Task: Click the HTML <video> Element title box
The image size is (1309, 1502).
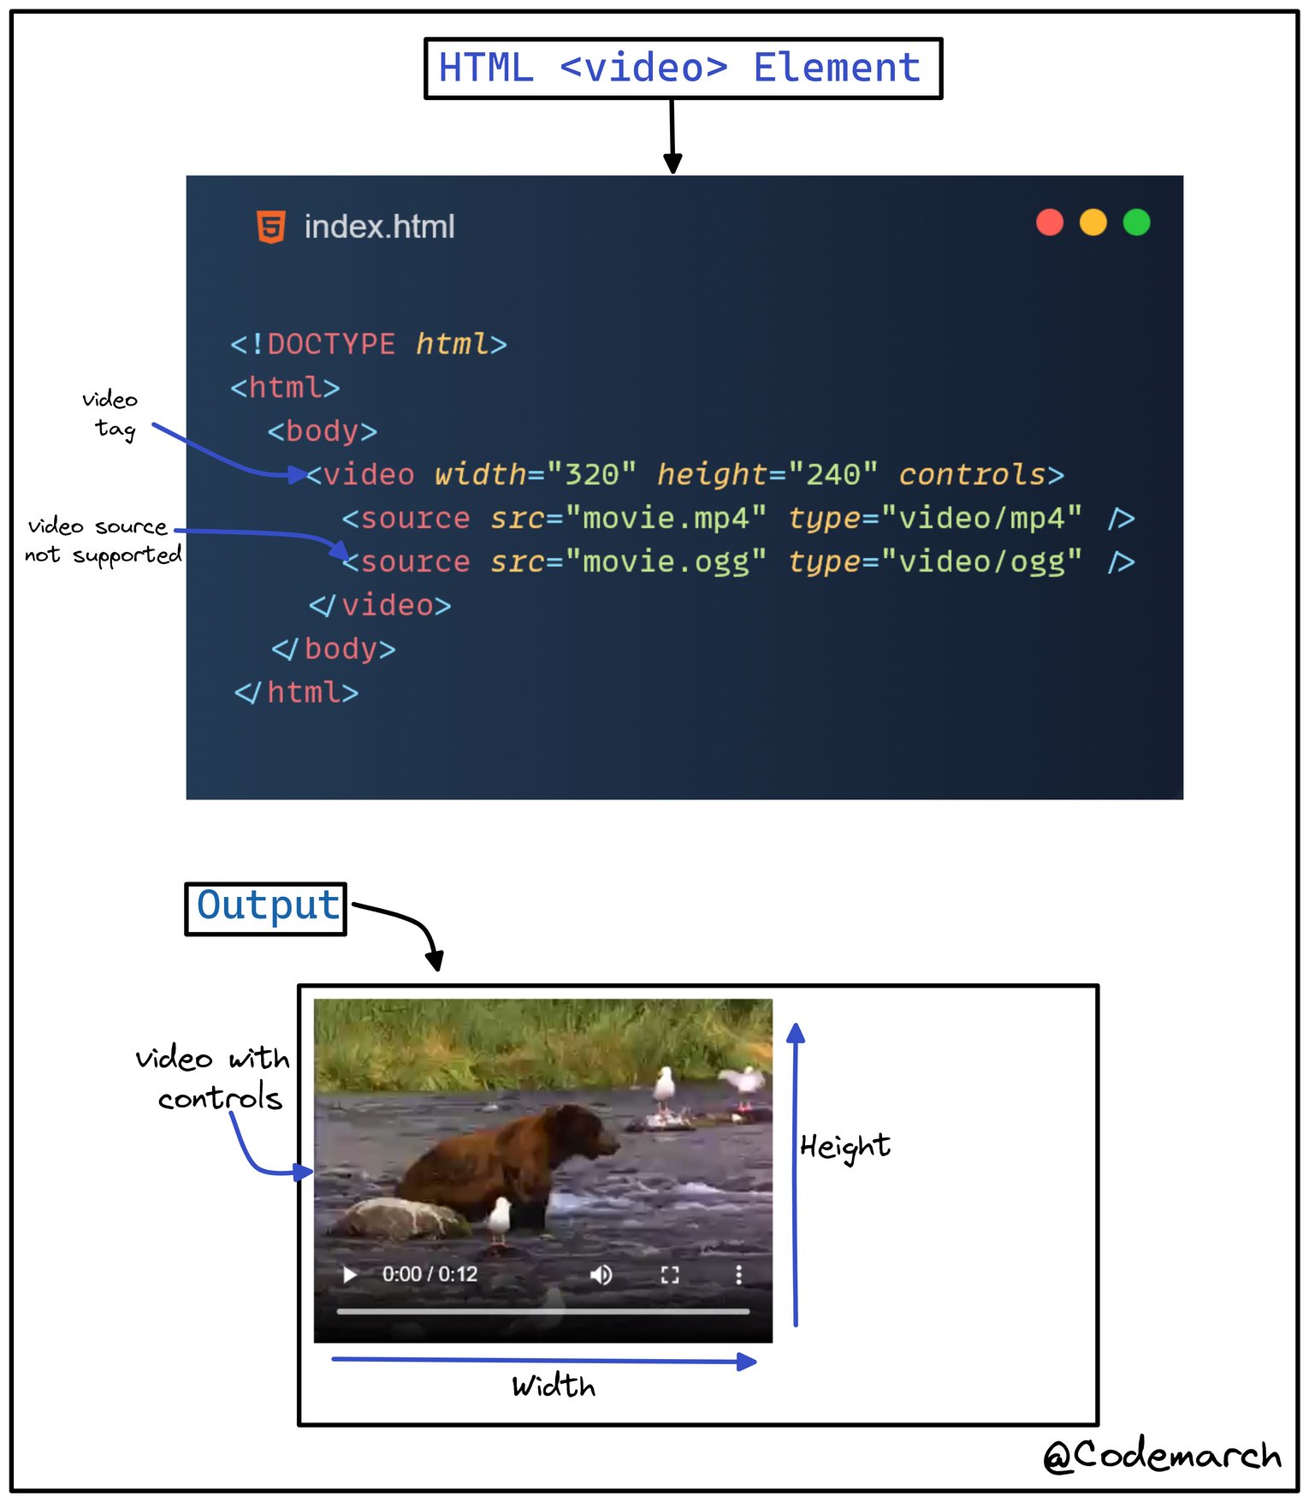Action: pyautogui.click(x=682, y=68)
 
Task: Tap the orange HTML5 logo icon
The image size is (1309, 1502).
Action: pyautogui.click(x=271, y=227)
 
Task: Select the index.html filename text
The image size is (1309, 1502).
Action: pyautogui.click(x=379, y=227)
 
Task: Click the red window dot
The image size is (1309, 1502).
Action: pyautogui.click(x=1049, y=223)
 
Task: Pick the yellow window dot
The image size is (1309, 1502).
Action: pyautogui.click(x=1093, y=223)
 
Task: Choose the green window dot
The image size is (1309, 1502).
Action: pyautogui.click(x=1136, y=223)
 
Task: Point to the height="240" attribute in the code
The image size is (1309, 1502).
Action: pyautogui.click(x=767, y=475)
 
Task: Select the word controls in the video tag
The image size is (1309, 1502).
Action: pyautogui.click(x=972, y=475)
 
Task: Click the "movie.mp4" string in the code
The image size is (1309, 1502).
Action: pyautogui.click(x=666, y=519)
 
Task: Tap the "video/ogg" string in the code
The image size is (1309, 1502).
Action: pyautogui.click(x=981, y=562)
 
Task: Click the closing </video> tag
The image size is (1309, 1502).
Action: pyautogui.click(x=379, y=606)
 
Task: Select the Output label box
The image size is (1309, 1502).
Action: pyautogui.click(x=266, y=908)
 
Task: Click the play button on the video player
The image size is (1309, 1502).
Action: pyautogui.click(x=349, y=1274)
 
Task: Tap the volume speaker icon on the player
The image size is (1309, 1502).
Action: pyautogui.click(x=601, y=1274)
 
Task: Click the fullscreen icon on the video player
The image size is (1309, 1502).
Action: pyautogui.click(x=670, y=1274)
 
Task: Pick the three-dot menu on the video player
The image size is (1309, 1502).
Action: pyautogui.click(x=738, y=1274)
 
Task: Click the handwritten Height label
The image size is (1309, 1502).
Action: pyautogui.click(x=844, y=1147)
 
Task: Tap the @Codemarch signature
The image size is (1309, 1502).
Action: pyautogui.click(x=1162, y=1455)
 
